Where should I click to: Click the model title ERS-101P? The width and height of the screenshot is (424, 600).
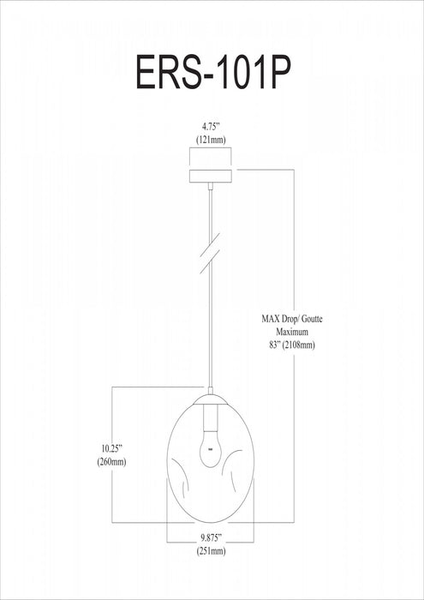pos(213,73)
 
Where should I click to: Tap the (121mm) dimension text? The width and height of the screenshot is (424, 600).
pos(211,140)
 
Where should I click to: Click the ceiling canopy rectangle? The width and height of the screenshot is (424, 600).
pos(210,176)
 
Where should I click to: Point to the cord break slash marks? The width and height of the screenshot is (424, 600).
pos(210,254)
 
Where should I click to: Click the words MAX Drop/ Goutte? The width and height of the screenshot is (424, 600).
pos(292,319)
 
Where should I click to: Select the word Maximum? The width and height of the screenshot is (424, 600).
pos(292,332)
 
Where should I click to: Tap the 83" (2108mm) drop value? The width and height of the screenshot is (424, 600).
pos(292,345)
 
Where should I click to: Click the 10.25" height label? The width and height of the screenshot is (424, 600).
pos(111,447)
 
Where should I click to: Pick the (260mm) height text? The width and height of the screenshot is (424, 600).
pos(111,462)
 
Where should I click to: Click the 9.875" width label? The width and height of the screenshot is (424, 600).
pos(211,538)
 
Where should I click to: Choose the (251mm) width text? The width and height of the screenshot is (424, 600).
pos(211,551)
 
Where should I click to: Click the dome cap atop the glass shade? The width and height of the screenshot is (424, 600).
pos(210,399)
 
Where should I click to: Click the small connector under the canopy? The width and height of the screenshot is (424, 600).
pos(210,186)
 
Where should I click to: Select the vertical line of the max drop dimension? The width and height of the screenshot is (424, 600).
pos(294,346)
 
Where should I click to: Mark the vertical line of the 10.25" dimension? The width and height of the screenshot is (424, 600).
pos(111,454)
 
